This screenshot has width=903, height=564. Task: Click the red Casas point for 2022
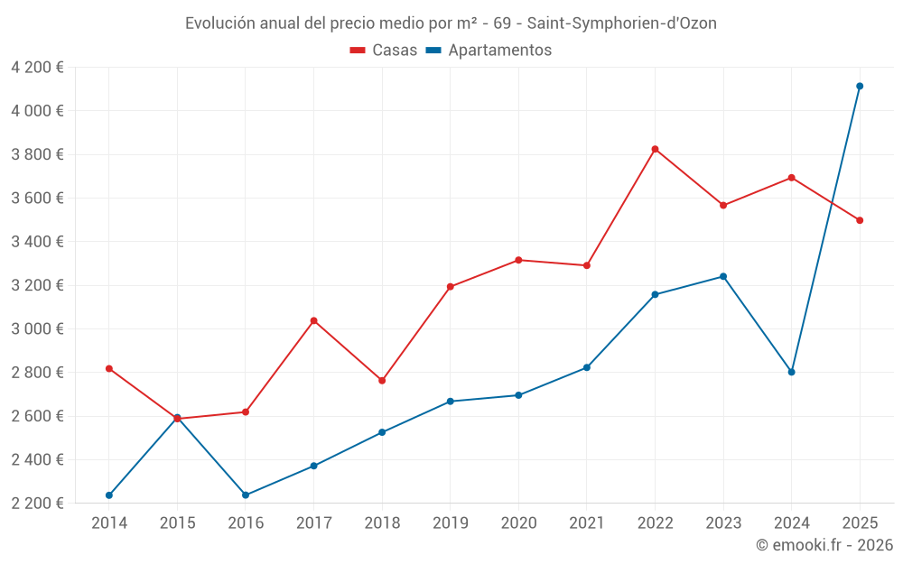point(655,149)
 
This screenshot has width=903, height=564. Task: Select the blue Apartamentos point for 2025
point(860,86)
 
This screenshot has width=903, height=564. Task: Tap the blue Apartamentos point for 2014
point(109,495)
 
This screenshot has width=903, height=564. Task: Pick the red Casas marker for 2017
point(313,320)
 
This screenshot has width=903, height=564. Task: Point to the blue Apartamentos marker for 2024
point(791,372)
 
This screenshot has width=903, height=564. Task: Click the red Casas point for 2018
point(382,381)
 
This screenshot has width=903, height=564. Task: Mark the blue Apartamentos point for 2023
point(723,276)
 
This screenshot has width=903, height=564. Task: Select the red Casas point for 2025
point(860,220)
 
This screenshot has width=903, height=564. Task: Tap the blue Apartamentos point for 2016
point(246,495)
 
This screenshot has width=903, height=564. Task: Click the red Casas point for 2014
point(109,368)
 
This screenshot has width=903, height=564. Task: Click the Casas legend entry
point(384,51)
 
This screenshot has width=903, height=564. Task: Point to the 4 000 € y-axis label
point(37,111)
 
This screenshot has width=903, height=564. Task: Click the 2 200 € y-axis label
point(37,503)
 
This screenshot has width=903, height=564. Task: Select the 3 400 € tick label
point(37,241)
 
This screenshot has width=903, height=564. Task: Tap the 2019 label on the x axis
point(450,522)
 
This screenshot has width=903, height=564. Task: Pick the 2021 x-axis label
point(586,522)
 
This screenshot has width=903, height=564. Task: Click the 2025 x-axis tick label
point(860,522)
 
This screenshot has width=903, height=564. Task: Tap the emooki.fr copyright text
point(824,545)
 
